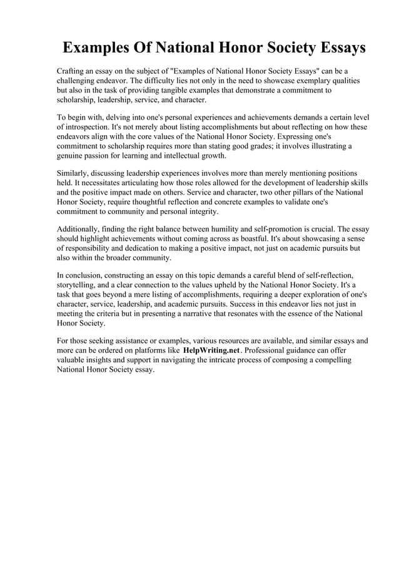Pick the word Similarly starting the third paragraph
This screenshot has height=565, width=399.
(x=75, y=173)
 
